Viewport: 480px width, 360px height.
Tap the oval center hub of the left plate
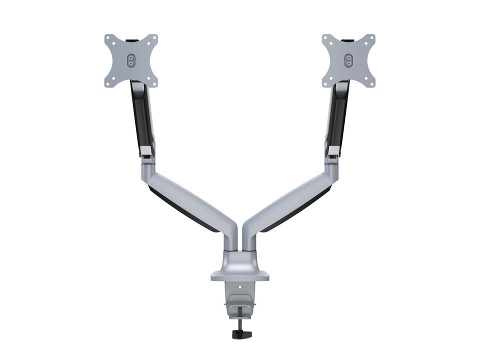coord(131,60)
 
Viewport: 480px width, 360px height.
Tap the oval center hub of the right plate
coord(348,60)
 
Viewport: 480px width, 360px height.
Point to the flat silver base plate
coord(240,275)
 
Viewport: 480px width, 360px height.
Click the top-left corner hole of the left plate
coord(108,37)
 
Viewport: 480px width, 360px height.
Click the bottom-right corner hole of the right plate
coord(371,82)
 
